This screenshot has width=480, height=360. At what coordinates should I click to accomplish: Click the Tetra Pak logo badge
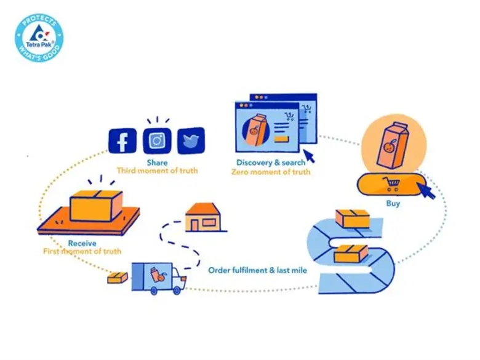coord(39,38)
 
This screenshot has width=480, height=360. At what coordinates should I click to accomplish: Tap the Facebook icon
coord(122,142)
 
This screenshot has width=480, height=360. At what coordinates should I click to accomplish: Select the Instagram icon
coord(157,141)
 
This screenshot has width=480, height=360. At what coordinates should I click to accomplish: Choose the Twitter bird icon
coord(191,141)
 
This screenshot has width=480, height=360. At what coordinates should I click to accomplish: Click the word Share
coord(157,162)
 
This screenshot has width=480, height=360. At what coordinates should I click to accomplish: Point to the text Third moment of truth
coord(157,170)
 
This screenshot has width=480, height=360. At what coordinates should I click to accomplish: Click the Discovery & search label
coord(271,162)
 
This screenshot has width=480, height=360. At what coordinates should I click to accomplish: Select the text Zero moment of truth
coord(271,172)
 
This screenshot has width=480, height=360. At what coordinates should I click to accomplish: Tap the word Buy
coord(393,203)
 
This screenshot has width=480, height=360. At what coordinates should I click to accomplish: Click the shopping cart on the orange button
coord(390,183)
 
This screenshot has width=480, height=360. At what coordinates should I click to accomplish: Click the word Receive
coord(82,243)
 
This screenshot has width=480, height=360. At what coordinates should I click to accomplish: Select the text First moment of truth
coord(82,252)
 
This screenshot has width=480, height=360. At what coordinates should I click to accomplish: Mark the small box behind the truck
coord(118,278)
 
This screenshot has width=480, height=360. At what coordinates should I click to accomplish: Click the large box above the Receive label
coord(96,205)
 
